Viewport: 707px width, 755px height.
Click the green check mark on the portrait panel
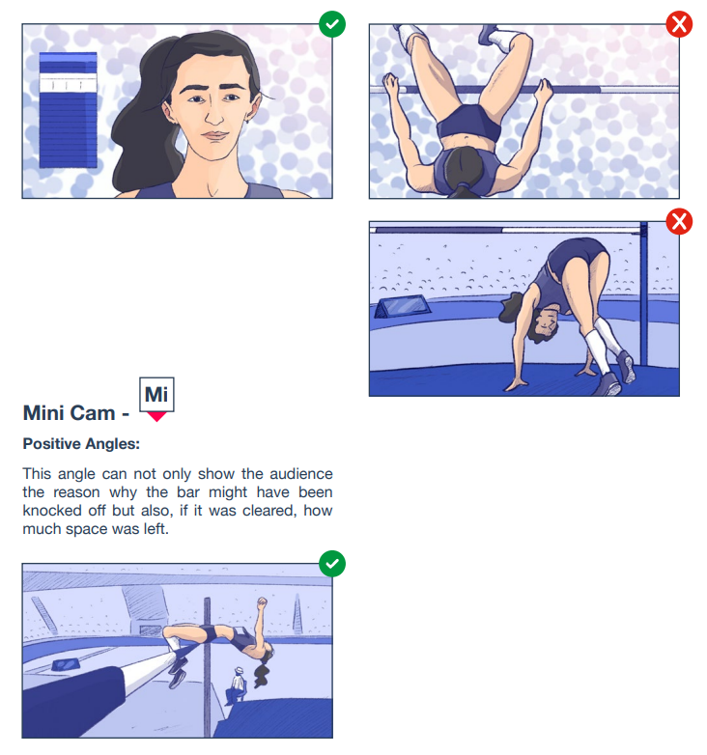pos(332,23)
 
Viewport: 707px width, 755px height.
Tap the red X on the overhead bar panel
pos(679,23)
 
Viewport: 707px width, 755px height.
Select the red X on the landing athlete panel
pos(679,221)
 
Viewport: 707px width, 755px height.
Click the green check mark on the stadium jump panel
pos(332,564)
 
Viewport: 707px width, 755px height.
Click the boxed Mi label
pos(156,394)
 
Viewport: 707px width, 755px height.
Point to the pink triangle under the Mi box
pos(156,416)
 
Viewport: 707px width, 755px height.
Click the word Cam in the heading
pos(94,413)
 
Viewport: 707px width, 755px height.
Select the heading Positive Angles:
pos(81,443)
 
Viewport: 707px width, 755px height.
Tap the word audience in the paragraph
pos(301,474)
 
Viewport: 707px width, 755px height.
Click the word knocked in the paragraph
pos(52,511)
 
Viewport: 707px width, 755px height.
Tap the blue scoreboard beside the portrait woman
pos(68,110)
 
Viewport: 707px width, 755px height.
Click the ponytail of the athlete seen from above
pos(464,189)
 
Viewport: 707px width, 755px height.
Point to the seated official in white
pos(236,685)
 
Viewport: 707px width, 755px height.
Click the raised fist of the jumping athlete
pos(262,602)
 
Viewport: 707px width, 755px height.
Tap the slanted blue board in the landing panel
pos(403,307)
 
